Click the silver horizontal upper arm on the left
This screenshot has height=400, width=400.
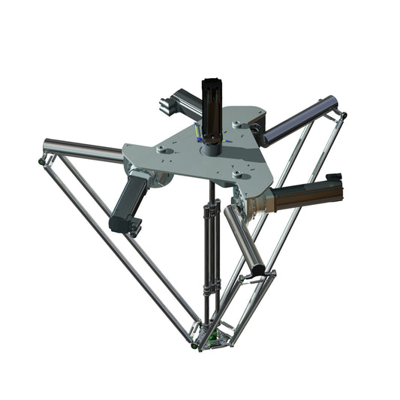click(83, 149)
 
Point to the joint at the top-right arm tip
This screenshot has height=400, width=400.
click(343, 115)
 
